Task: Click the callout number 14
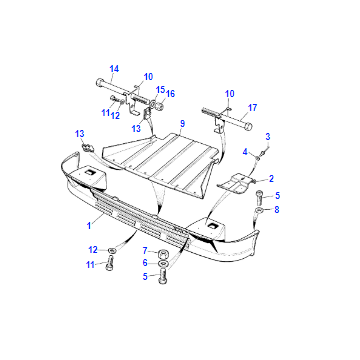pyautogui.click(x=114, y=69)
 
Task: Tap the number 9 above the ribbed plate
pyautogui.click(x=182, y=124)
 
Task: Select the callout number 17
pyautogui.click(x=252, y=108)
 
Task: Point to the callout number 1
pyautogui.click(x=89, y=226)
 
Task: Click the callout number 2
pyautogui.click(x=271, y=179)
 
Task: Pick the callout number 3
pyautogui.click(x=268, y=137)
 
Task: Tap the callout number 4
pyautogui.click(x=245, y=152)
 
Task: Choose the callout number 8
pyautogui.click(x=277, y=210)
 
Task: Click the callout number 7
pyautogui.click(x=145, y=250)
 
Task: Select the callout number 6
pyautogui.click(x=145, y=263)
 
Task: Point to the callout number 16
pyautogui.click(x=170, y=94)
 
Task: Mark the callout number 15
pyautogui.click(x=161, y=89)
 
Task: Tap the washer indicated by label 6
pyautogui.click(x=163, y=264)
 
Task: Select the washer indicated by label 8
pyautogui.click(x=260, y=210)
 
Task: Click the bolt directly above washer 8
pyautogui.click(x=260, y=198)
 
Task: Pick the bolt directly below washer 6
pyautogui.click(x=163, y=276)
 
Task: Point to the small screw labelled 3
pyautogui.click(x=263, y=153)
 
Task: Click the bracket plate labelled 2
pyautogui.click(x=236, y=184)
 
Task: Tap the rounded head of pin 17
pyautogui.click(x=249, y=127)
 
